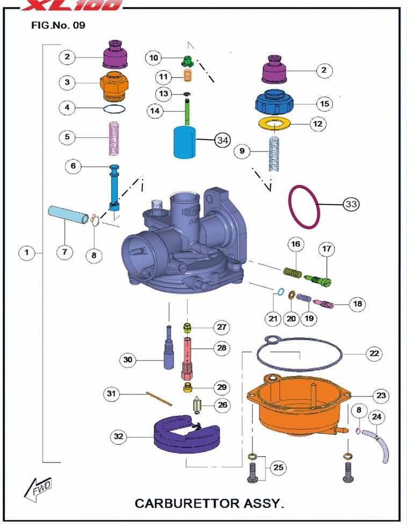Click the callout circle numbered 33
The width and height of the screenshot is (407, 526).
pyautogui.click(x=351, y=204)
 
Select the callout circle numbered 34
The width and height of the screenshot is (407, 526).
pyautogui.click(x=222, y=140)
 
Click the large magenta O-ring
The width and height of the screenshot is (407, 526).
pyautogui.click(x=306, y=208)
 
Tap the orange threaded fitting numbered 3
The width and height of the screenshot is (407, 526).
pyautogui.click(x=115, y=85)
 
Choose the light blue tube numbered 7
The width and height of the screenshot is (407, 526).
pyautogui.click(x=69, y=215)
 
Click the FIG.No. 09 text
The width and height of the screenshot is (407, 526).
pyautogui.click(x=58, y=25)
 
